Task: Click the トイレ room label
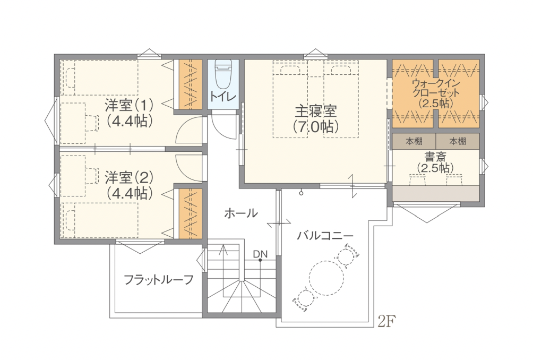[x=223, y=97]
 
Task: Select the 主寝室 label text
[x=316, y=112]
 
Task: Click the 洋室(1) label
[x=129, y=105]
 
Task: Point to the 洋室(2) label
[x=129, y=177]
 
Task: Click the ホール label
[x=241, y=213]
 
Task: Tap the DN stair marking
[x=260, y=254]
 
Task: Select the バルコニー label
[x=325, y=235]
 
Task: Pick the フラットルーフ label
[x=159, y=280]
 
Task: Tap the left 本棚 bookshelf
[x=414, y=141]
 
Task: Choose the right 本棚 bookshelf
[x=458, y=141]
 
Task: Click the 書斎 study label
[x=435, y=157]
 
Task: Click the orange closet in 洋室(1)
[x=191, y=84]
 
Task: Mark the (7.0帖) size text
[x=316, y=127]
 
